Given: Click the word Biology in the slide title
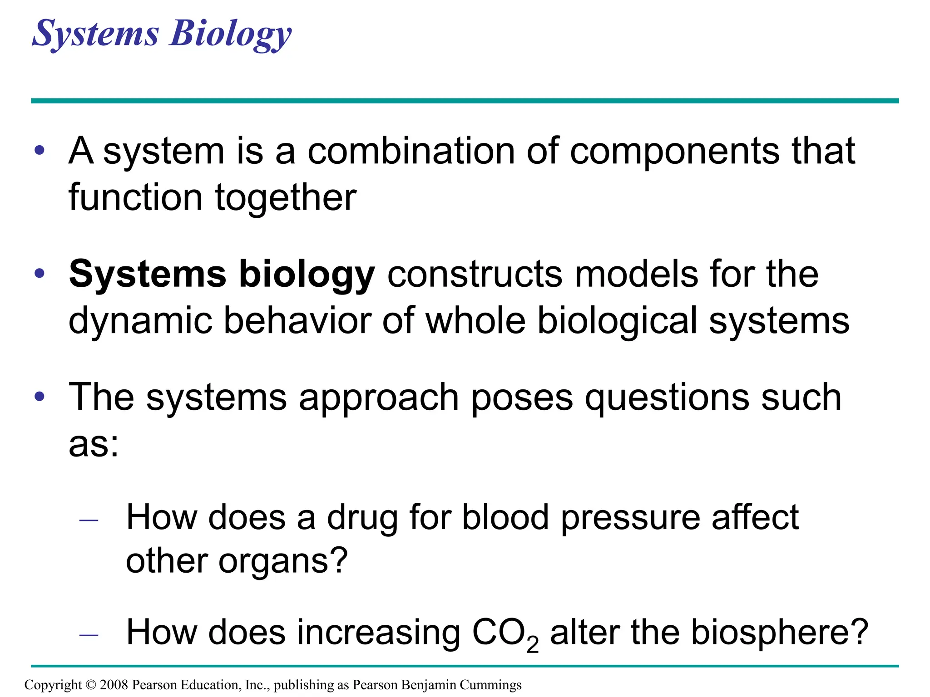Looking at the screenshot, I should click(230, 34).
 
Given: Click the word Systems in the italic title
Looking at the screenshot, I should click(96, 34).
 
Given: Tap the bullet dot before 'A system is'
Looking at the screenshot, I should click(40, 150).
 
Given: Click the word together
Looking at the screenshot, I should click(286, 198).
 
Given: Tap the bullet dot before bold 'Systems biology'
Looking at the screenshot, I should click(40, 273).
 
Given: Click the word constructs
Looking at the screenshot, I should click(475, 274).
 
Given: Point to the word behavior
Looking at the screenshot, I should click(297, 320).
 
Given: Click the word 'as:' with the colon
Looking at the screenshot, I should click(94, 445).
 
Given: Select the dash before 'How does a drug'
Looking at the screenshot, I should click(89, 520).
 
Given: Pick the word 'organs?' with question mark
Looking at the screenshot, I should click(283, 562).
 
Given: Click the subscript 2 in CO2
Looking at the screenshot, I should click(532, 645).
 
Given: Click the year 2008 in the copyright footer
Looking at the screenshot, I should click(114, 685).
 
